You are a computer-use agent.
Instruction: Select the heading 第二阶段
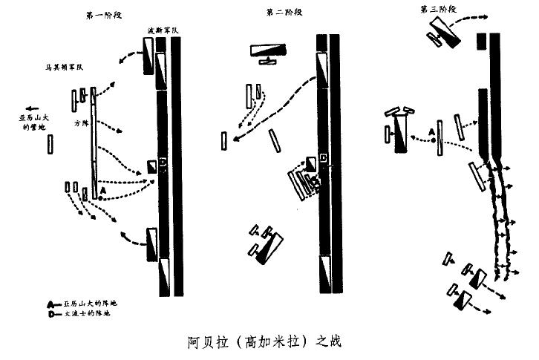click(284, 13)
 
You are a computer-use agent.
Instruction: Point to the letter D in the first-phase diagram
click(163, 163)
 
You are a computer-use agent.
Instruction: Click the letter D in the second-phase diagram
click(324, 157)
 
